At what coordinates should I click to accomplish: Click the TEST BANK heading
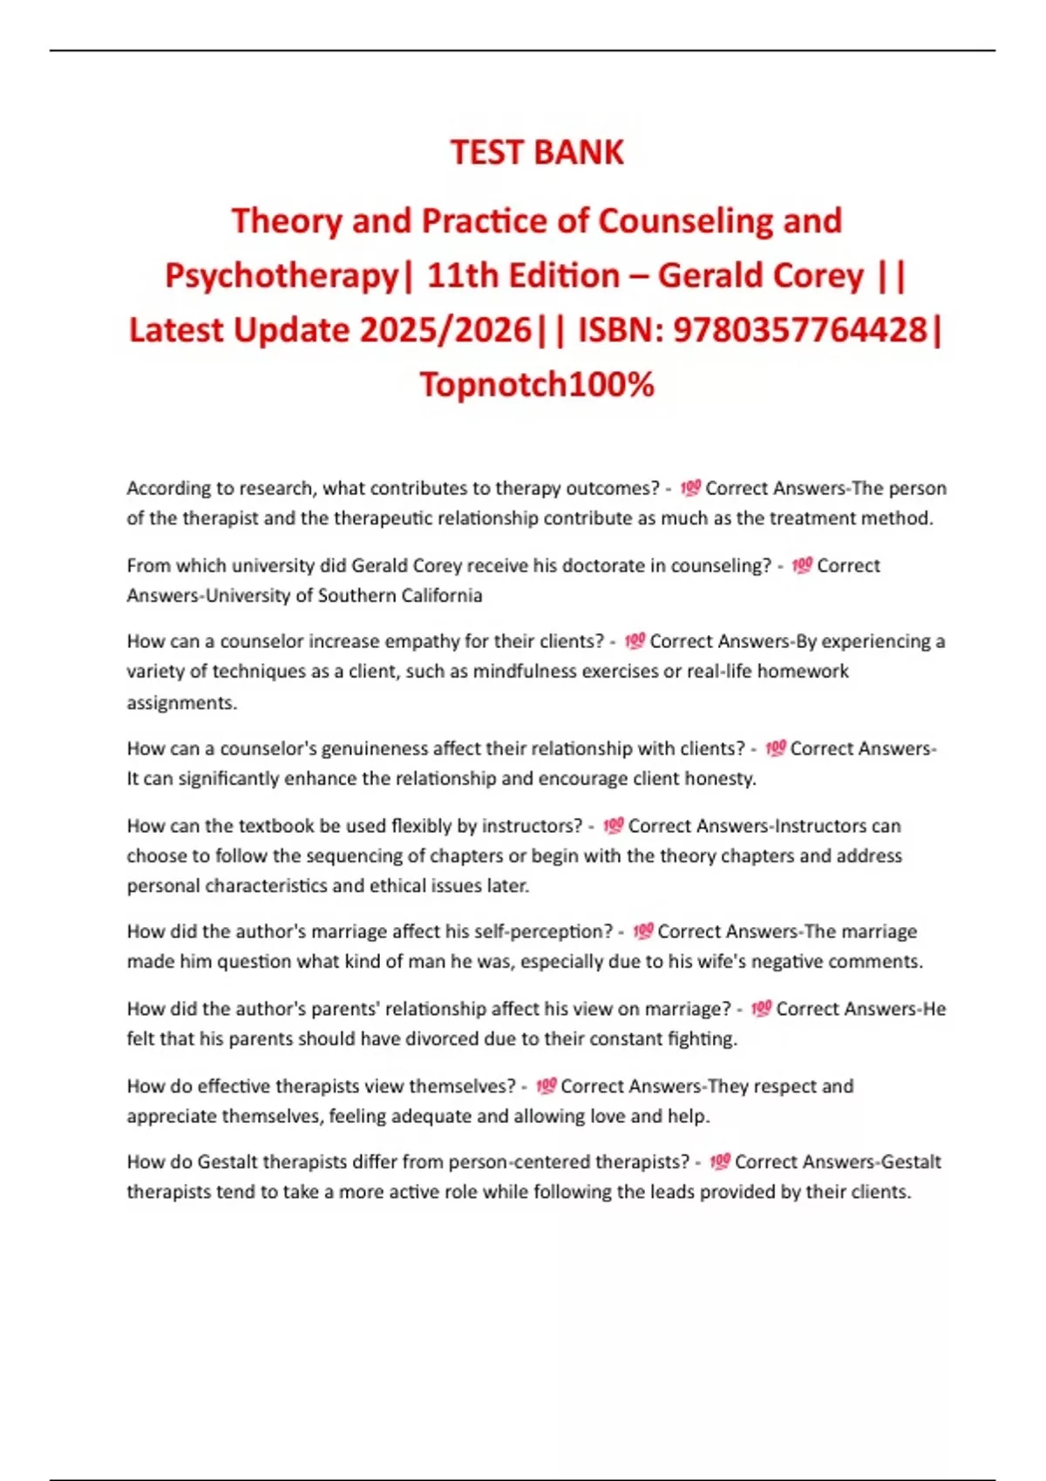537,152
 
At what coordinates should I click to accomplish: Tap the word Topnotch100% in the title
537,384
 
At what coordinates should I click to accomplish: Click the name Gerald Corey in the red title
760,275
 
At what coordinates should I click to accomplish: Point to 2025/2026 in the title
445,330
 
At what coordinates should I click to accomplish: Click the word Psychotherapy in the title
281,275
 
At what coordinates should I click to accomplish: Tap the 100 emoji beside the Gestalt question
719,1161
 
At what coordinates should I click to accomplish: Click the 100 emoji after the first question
689,488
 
